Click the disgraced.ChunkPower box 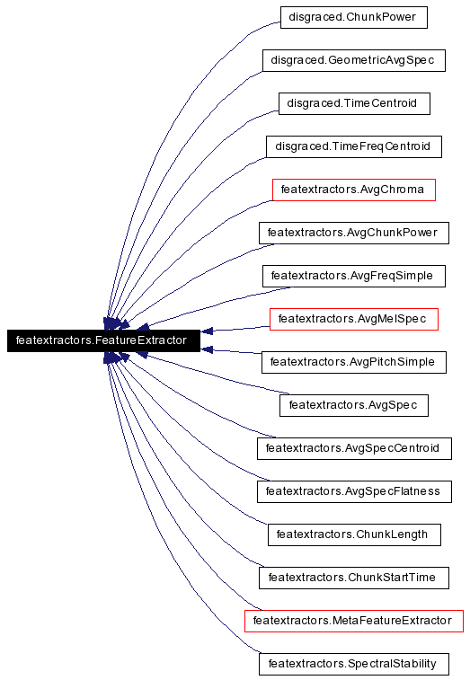pos(354,17)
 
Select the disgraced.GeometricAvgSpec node pos(354,60)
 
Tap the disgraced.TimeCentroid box pos(354,103)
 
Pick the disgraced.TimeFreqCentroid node pos(354,146)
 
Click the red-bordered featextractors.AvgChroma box pos(354,190)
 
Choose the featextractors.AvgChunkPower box pos(354,233)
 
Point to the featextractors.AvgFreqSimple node pos(354,276)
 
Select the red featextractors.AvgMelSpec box pos(354,319)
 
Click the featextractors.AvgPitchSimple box pos(354,362)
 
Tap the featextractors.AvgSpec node pos(354,405)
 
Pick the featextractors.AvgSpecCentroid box pos(354,448)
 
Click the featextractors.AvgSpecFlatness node pos(354,491)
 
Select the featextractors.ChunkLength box pos(354,534)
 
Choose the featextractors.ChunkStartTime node pos(354,578)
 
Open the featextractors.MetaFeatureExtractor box pos(354,621)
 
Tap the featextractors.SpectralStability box pos(354,664)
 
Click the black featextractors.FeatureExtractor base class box pos(103,340)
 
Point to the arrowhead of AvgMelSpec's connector pos(207,331)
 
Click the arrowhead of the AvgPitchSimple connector pos(207,349)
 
